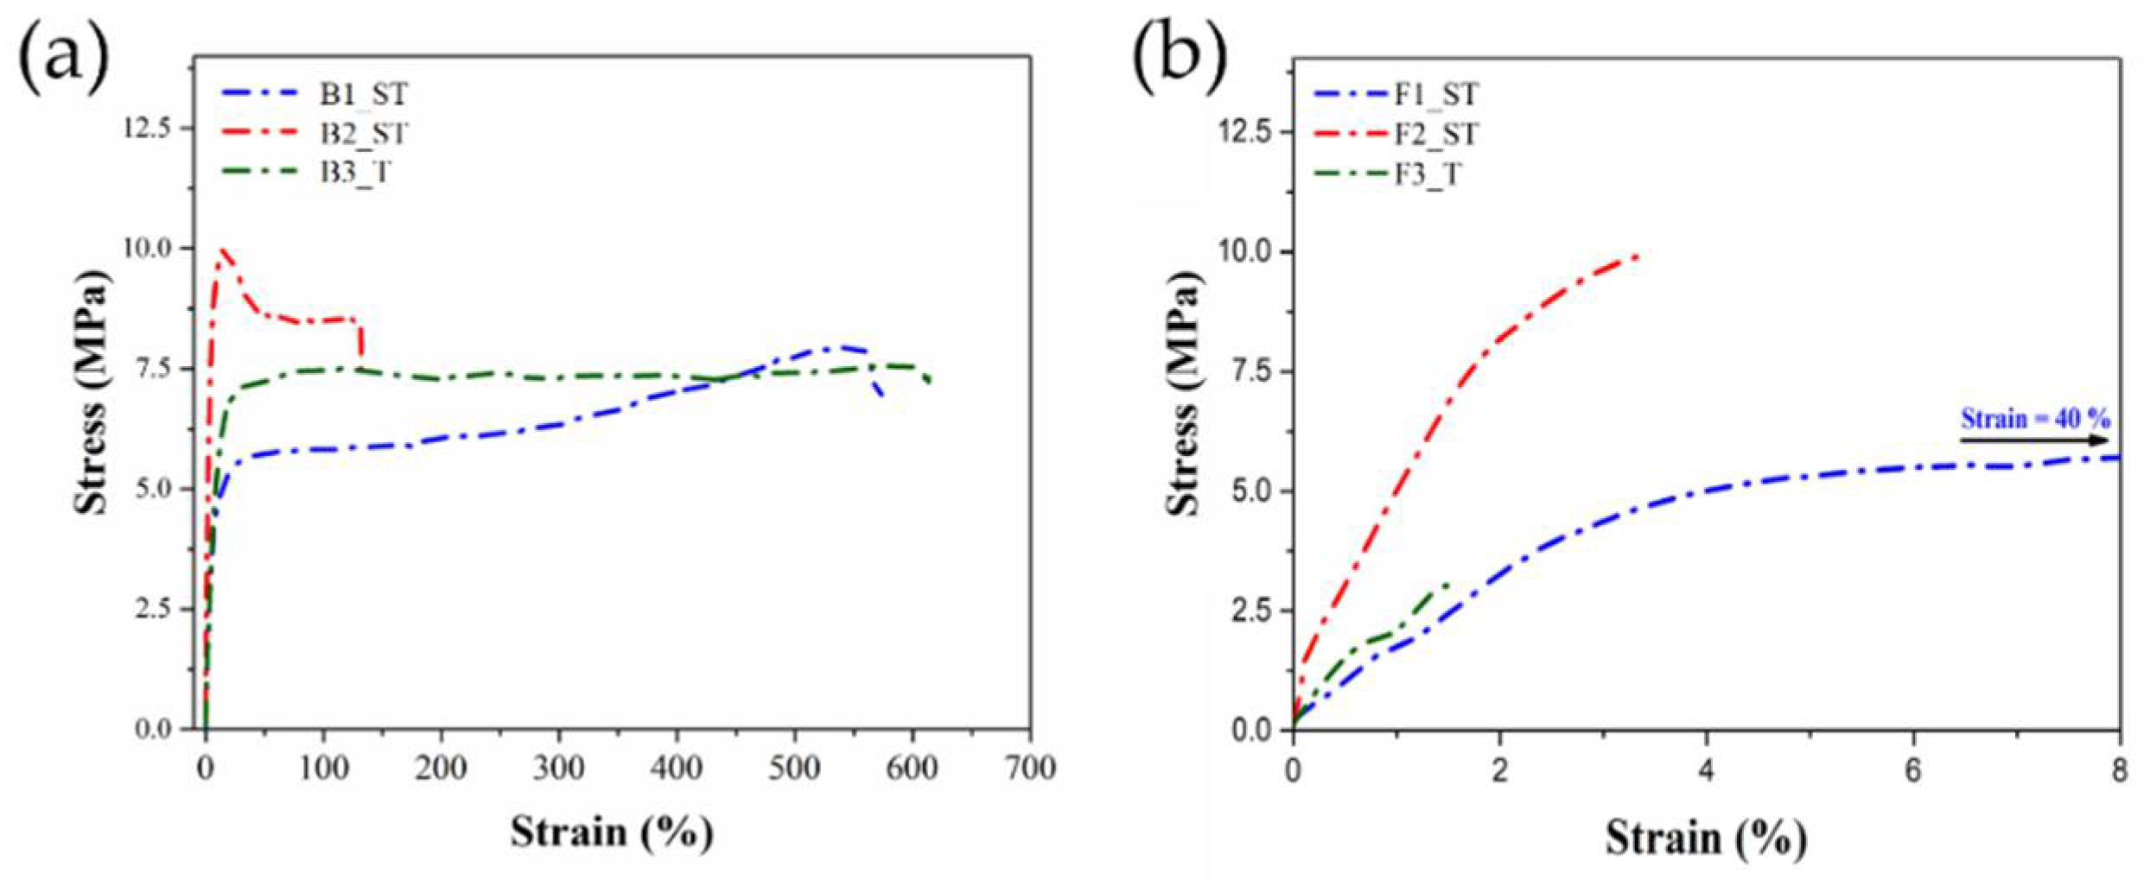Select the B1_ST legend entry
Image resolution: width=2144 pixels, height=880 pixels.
click(x=363, y=94)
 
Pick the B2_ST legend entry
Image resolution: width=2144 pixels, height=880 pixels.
click(x=363, y=134)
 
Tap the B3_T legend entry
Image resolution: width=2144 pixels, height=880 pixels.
click(x=354, y=172)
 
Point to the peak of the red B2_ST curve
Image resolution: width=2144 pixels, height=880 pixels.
click(x=224, y=250)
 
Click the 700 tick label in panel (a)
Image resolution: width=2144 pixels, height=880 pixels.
click(x=1029, y=768)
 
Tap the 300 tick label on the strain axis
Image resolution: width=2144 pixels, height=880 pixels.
click(x=558, y=768)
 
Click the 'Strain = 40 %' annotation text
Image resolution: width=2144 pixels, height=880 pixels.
click(x=2035, y=420)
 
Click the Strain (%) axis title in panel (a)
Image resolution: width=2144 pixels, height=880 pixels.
click(x=611, y=833)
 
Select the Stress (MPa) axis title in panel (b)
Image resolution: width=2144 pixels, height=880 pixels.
click(x=1183, y=393)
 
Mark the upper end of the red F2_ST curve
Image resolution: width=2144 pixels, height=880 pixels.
click(x=1635, y=256)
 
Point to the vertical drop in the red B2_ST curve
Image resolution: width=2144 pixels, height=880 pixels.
click(x=359, y=339)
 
